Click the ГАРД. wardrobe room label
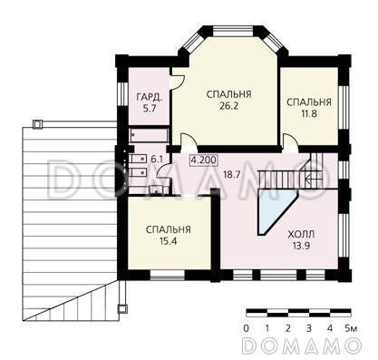(150, 97)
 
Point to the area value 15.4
(167, 243)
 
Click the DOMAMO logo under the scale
(304, 345)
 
